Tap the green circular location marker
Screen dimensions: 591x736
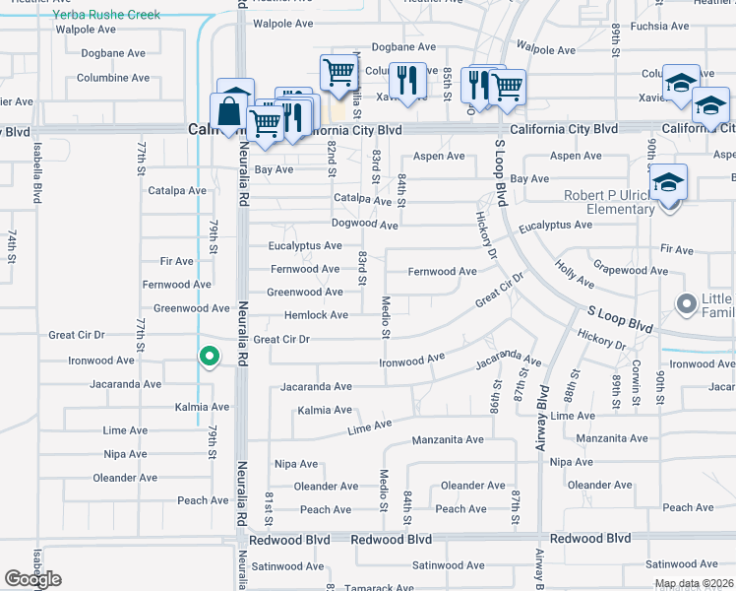[208, 356]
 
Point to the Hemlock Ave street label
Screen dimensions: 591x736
[316, 315]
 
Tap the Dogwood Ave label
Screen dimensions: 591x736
[364, 225]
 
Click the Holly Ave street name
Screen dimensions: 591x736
[575, 275]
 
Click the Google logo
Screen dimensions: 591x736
[32, 579]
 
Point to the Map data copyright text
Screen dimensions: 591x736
[692, 583]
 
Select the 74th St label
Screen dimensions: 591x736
[13, 245]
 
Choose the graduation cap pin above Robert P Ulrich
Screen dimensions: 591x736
[667, 183]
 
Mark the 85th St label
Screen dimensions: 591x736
[447, 79]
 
